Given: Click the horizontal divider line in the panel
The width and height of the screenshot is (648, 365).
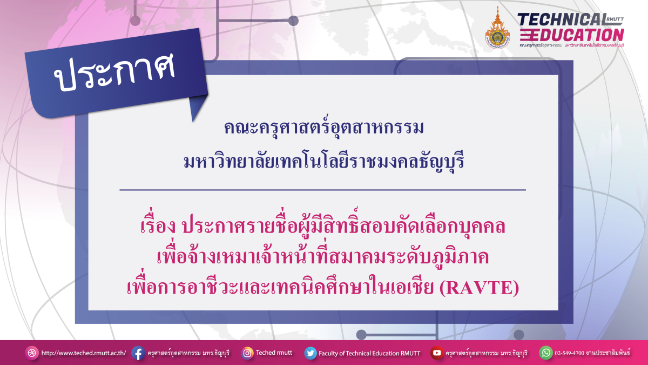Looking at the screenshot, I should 322,190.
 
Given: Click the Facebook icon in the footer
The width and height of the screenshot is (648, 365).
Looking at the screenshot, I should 138,353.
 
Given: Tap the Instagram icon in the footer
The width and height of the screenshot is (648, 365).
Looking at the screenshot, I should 247,353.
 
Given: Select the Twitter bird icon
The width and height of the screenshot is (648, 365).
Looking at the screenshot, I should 310,353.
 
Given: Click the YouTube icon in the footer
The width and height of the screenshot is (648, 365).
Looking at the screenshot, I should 436,353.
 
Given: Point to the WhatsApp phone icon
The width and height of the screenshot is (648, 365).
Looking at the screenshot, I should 546,353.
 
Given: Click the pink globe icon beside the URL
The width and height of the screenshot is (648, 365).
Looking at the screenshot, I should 32,353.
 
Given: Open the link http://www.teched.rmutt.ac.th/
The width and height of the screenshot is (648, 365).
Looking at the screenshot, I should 83,353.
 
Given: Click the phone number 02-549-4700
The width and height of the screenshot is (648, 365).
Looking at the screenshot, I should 574,353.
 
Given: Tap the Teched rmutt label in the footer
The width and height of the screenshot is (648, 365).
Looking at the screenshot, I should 274,353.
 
